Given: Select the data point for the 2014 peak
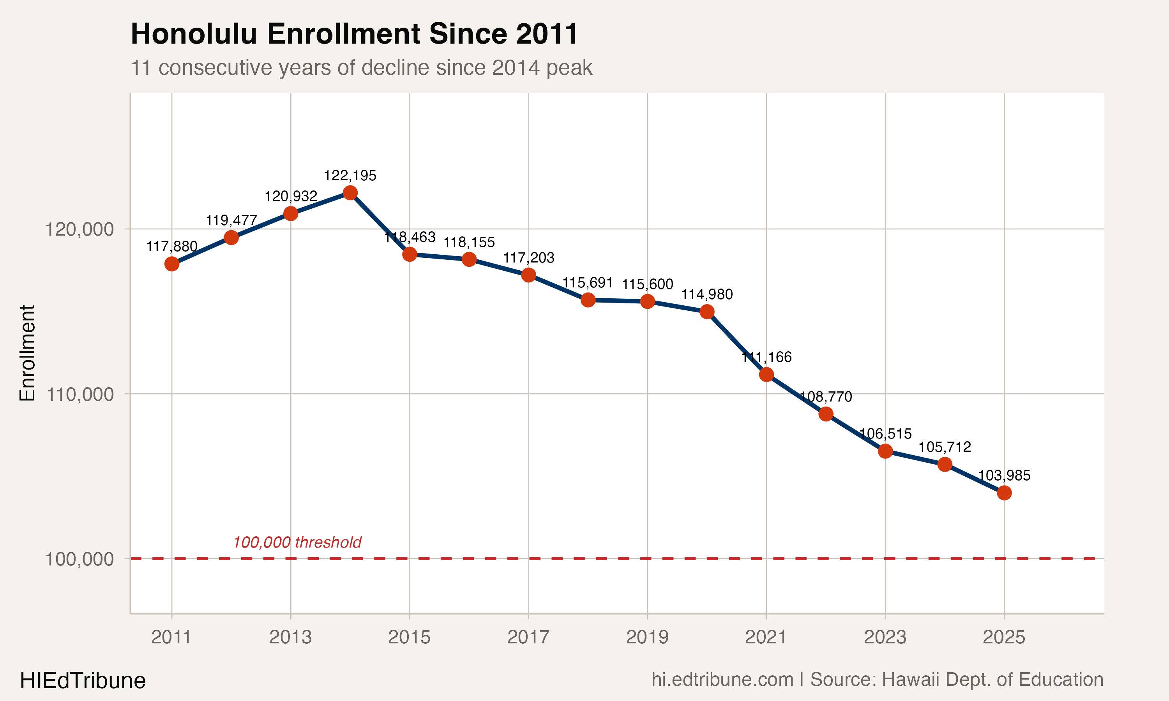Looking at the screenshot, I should point(350,193).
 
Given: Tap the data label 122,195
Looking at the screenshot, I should point(350,176).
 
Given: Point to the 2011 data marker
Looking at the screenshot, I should point(172,264).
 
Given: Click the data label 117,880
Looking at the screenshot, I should point(172,247).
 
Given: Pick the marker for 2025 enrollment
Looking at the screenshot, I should point(1004,493).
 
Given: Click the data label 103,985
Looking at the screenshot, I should point(1004,476).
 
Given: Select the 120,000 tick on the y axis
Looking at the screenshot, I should point(79,229).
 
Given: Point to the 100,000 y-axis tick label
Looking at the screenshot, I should point(79,559).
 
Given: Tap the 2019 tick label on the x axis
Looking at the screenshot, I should point(647,637).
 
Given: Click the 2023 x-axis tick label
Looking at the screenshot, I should point(885,637).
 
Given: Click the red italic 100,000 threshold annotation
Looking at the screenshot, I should point(297,542).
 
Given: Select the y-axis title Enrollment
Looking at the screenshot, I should point(27,353).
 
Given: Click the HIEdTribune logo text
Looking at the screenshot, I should point(83,681).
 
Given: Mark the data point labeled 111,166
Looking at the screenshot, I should point(766,375).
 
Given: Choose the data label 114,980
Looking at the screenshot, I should point(707,295).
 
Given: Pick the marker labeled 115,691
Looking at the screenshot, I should point(588,300).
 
